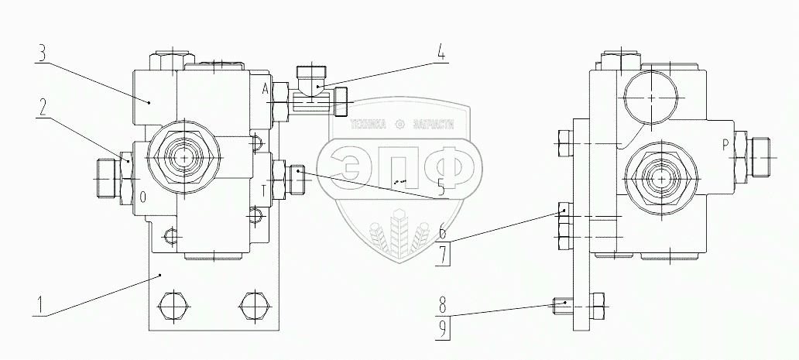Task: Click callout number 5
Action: pyautogui.click(x=441, y=186)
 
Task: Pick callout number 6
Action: pyautogui.click(x=441, y=231)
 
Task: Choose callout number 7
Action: pyautogui.click(x=441, y=254)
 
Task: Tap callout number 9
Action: pyautogui.click(x=441, y=327)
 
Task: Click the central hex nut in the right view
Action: pyautogui.click(x=659, y=178)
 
